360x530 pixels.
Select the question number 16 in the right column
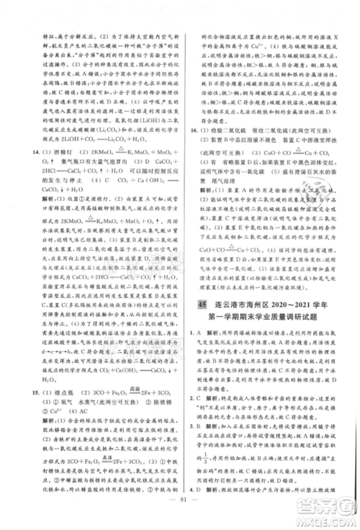click(189, 120)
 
